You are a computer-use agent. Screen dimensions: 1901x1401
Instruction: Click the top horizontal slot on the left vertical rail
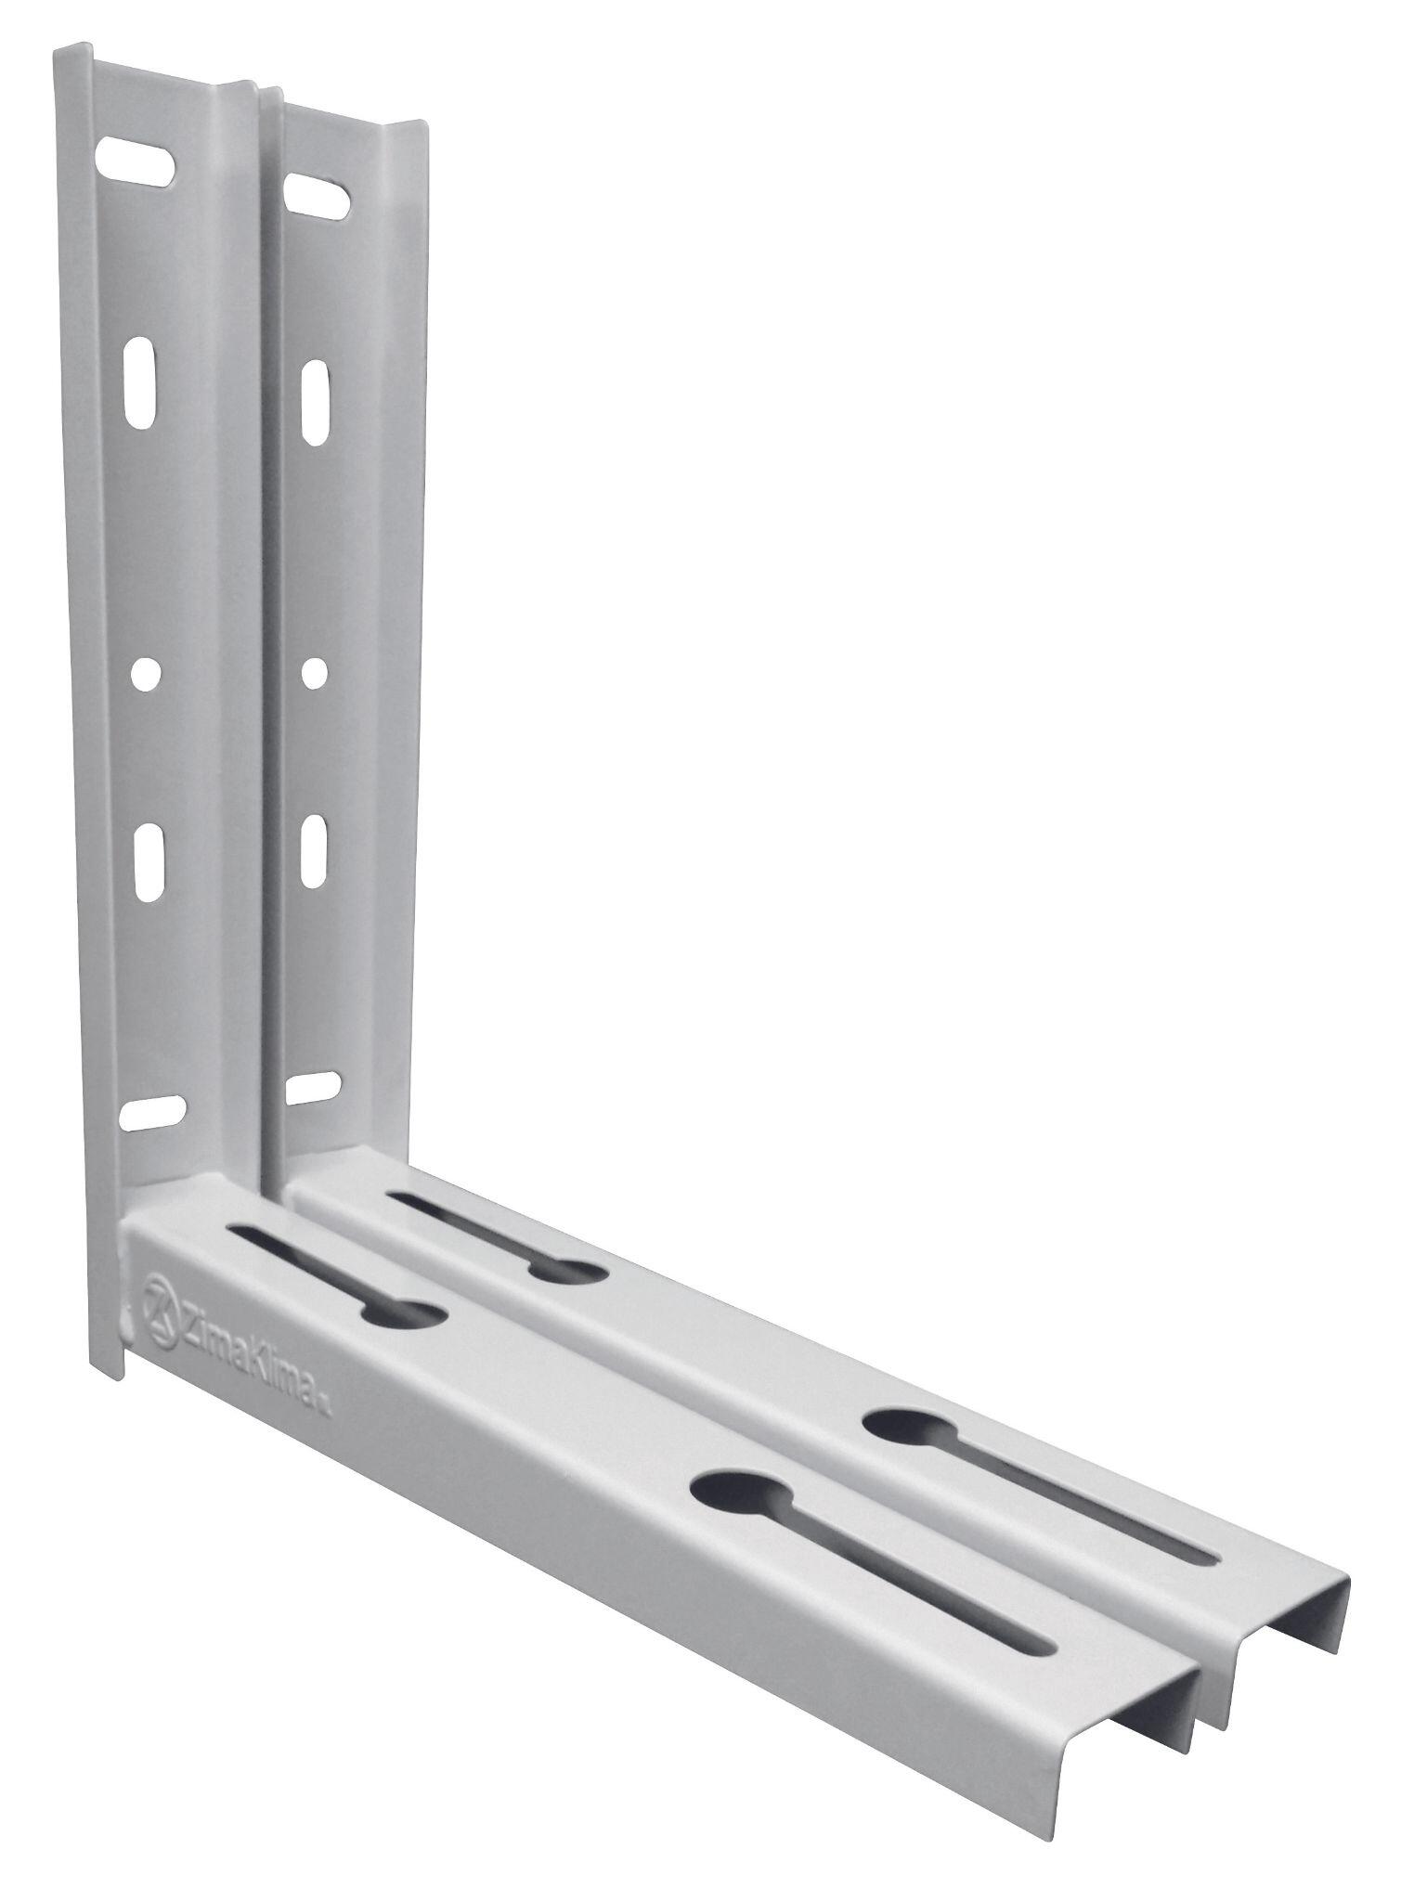click(136, 159)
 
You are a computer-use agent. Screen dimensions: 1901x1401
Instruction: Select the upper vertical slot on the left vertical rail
click(139, 381)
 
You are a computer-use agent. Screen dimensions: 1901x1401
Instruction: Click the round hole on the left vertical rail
click(144, 674)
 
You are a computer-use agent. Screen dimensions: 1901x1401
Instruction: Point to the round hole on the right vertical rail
click(315, 673)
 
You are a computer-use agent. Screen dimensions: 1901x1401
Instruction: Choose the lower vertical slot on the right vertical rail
click(316, 850)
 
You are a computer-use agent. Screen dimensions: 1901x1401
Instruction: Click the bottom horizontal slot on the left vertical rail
click(153, 1112)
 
